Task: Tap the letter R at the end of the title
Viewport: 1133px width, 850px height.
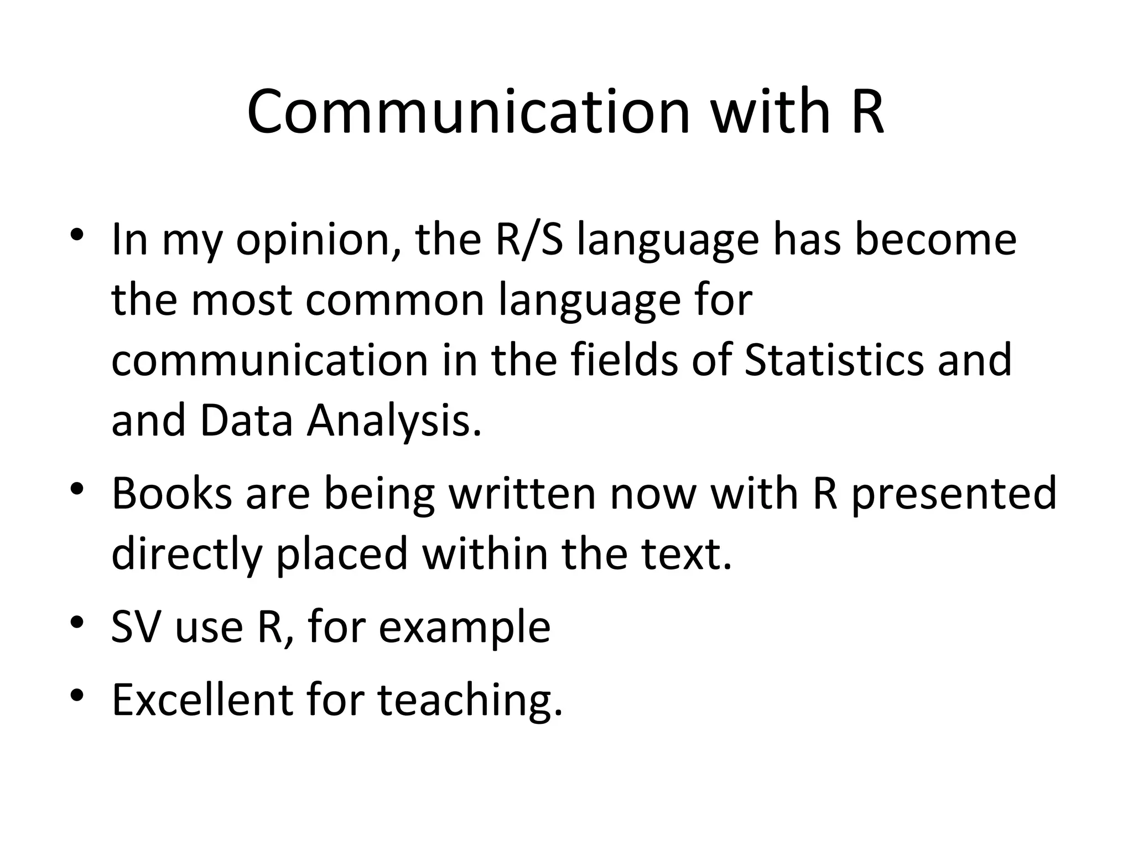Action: pos(867,112)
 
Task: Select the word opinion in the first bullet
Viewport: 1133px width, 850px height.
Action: pos(311,241)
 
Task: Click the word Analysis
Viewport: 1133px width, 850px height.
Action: pos(394,422)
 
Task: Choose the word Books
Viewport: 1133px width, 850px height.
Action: pos(171,494)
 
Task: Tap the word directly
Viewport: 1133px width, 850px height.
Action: pos(186,554)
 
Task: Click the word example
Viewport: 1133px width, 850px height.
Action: pos(464,629)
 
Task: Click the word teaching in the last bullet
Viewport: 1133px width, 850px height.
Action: pos(470,701)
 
